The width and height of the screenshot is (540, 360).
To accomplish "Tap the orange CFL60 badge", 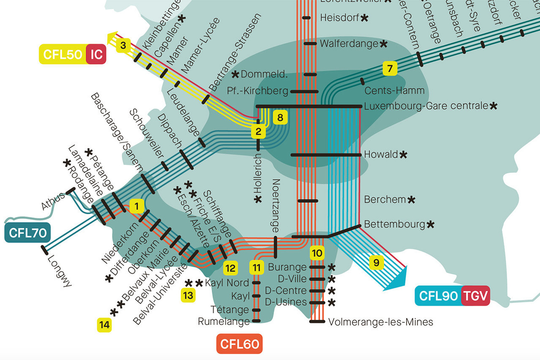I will pos(239,344).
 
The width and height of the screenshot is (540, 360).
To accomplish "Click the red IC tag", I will pos(96,55).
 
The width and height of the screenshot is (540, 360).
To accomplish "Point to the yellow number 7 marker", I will pos(389,68).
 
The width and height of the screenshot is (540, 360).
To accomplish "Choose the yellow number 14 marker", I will pos(104,325).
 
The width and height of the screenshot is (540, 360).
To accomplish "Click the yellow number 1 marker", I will pos(137,206).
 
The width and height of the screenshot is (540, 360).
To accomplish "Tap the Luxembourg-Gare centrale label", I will pos(426,106).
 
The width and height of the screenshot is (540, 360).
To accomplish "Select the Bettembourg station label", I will pos(394,224).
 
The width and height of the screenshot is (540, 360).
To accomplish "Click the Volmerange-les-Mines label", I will pos(381,322).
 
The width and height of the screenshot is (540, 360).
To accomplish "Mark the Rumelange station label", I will pos(224,322).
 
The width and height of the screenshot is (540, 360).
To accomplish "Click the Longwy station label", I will pos(60,270).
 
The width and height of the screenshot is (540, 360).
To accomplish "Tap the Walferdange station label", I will pos(348,44).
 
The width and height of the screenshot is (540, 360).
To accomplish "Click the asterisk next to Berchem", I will pos(411,199).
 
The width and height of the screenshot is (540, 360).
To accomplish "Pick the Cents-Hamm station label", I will pos(394,90).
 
